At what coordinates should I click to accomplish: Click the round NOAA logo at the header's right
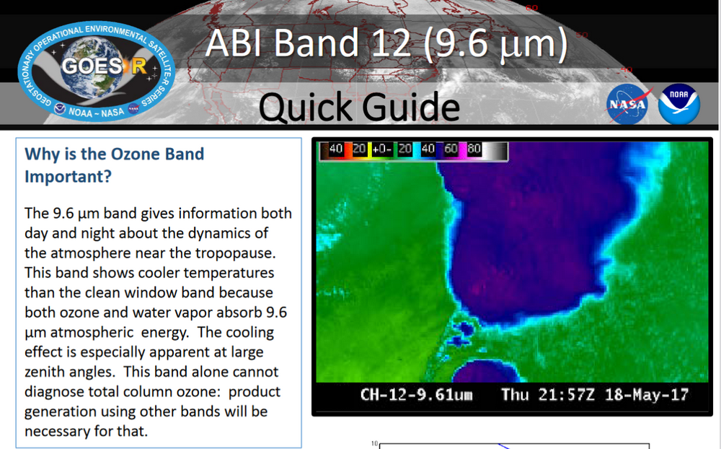pos(678,104)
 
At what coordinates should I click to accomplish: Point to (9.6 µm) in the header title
pos(495,45)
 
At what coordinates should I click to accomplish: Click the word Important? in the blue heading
pos(68,176)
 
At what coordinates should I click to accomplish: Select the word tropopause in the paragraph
pos(215,253)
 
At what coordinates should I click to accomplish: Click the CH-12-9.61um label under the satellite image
pos(416,395)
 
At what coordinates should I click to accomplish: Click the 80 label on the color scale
pos(474,150)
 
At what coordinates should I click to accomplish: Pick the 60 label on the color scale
pos(451,150)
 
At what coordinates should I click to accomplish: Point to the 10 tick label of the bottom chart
pos(373,444)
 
